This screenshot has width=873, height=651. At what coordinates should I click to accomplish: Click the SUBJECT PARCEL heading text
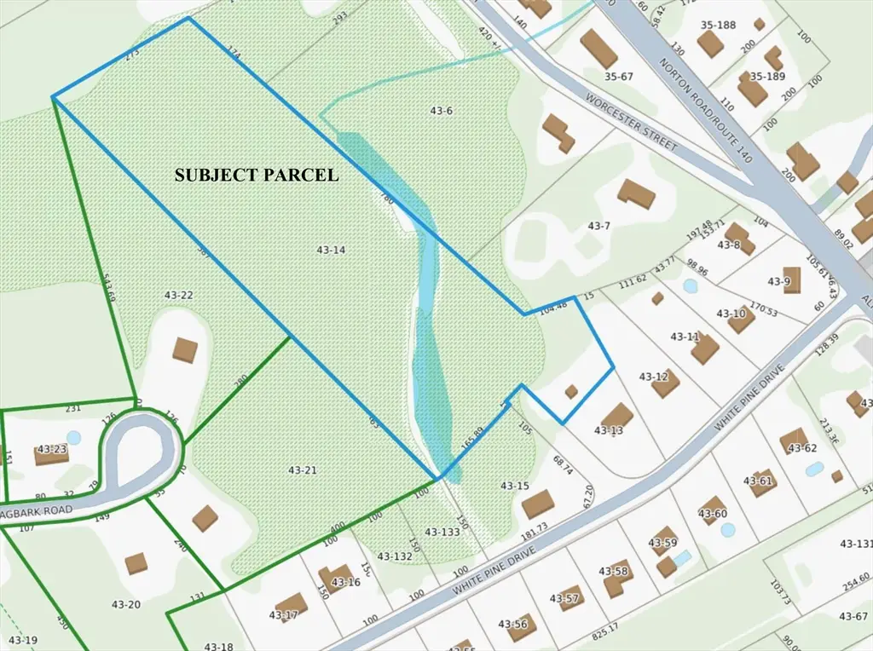[257, 176]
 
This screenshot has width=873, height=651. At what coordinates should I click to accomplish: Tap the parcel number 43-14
[330, 250]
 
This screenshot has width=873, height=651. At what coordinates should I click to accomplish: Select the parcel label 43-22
[179, 294]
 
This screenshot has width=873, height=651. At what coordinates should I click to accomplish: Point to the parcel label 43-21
[303, 470]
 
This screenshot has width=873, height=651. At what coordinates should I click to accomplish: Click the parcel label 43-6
[441, 111]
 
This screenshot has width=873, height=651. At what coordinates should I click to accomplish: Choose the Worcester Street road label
[632, 123]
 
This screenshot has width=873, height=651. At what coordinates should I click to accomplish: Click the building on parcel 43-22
[185, 349]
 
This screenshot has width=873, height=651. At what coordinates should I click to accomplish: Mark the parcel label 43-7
[599, 226]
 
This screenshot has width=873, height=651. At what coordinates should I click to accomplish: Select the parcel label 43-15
[515, 486]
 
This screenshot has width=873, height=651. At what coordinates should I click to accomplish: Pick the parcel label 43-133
[442, 532]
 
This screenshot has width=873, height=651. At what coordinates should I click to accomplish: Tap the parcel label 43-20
[126, 604]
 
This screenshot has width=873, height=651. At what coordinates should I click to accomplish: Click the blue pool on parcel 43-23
[73, 437]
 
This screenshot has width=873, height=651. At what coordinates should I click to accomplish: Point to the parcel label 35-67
[619, 77]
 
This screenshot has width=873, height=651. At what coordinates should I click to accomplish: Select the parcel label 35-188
[718, 26]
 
